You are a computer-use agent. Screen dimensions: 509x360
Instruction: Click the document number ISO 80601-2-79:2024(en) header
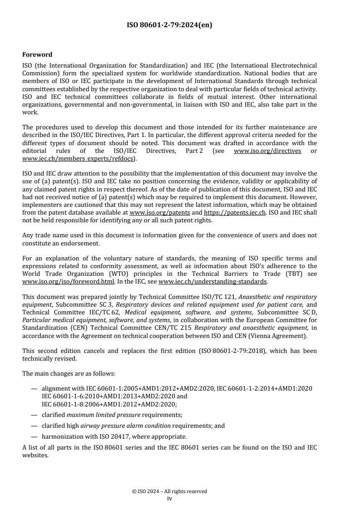coord(169,25)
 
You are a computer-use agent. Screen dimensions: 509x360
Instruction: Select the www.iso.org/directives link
coord(267,151)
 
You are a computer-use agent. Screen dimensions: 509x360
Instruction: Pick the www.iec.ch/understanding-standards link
coord(213,281)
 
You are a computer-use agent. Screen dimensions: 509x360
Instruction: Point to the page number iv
coord(169,498)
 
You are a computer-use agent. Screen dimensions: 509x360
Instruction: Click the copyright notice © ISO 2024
coord(169,491)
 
